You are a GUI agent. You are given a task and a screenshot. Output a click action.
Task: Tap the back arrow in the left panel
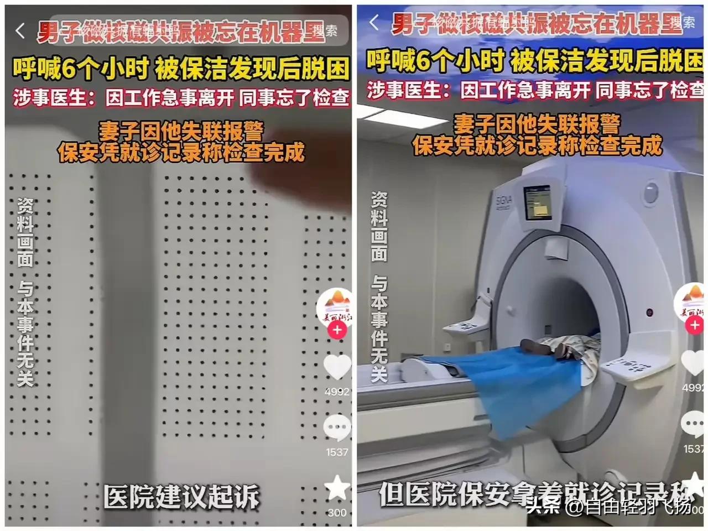point(20,31)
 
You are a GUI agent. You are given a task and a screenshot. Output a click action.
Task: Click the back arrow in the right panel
point(374,23)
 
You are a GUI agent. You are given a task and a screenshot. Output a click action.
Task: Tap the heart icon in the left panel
point(337,367)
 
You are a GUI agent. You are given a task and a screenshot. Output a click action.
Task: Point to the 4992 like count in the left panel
point(337,392)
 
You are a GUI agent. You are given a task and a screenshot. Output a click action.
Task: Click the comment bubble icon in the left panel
point(337,428)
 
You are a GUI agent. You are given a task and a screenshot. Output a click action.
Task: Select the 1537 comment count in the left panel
point(337,452)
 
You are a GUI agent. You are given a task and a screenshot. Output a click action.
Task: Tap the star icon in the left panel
point(337,488)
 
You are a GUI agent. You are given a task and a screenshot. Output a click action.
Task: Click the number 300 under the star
point(337,513)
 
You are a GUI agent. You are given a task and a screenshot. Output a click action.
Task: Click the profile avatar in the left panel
point(335,306)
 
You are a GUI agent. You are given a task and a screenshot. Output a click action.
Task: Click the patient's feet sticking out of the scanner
point(548,348)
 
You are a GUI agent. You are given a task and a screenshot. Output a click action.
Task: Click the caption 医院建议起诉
point(181,496)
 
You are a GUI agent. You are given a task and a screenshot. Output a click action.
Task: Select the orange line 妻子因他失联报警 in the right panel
point(537,124)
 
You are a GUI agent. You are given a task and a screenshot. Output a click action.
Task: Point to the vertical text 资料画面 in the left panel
point(25,232)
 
